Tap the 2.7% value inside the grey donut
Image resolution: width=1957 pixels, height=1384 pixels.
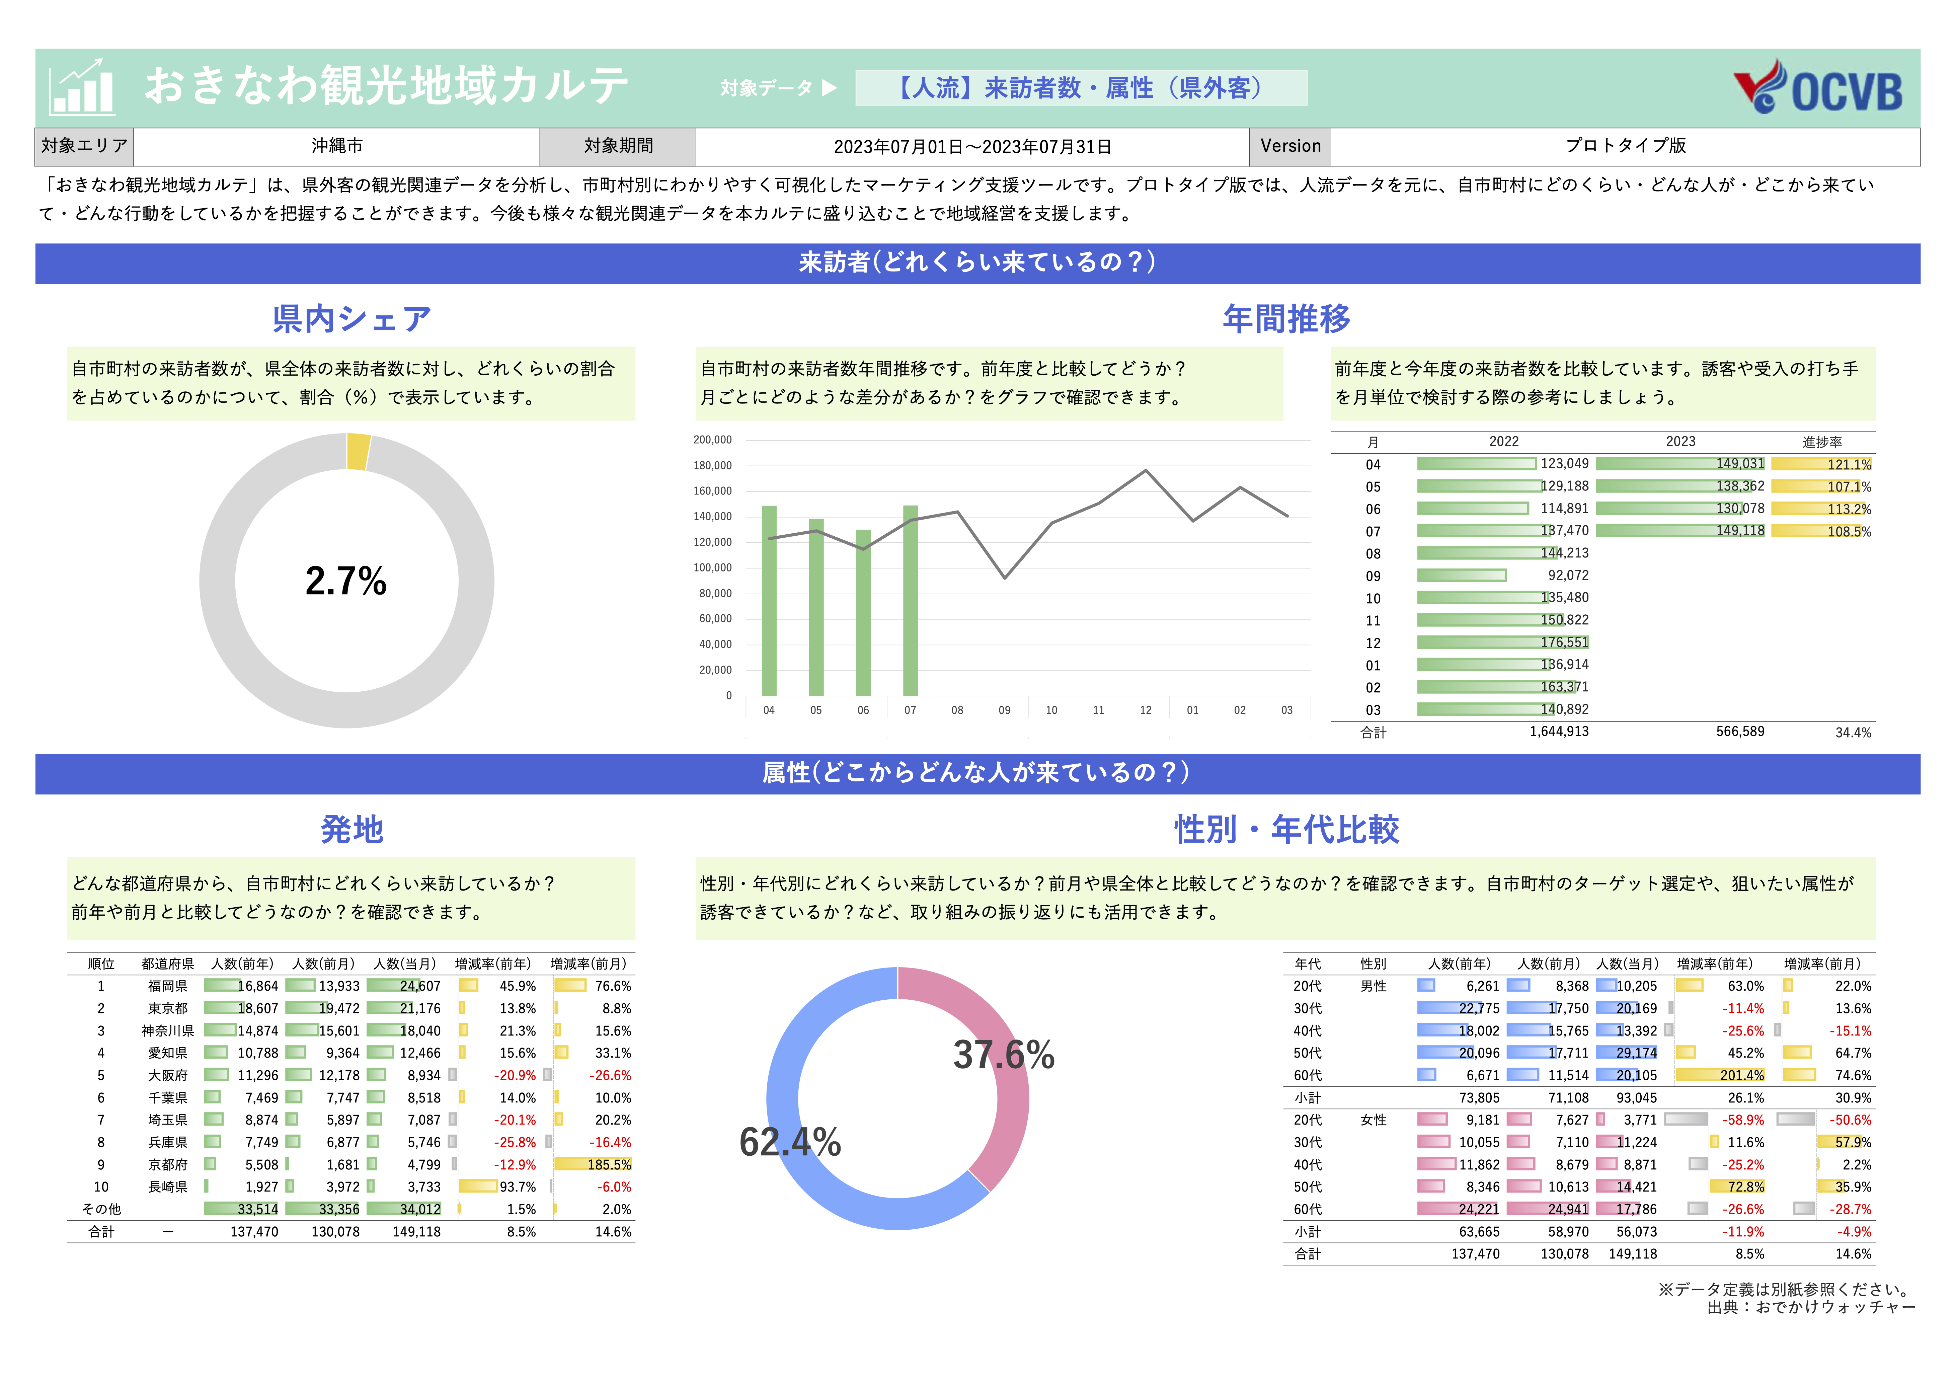click(x=346, y=581)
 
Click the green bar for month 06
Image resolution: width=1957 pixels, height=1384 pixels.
click(x=863, y=612)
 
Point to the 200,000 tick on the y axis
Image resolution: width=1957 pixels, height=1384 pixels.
click(x=713, y=440)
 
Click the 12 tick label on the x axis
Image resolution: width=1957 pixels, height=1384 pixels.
click(x=1146, y=710)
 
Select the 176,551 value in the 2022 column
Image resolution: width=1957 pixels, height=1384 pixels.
click(x=1564, y=642)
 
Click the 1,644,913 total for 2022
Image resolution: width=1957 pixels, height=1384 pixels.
click(x=1559, y=731)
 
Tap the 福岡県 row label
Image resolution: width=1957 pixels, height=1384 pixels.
click(x=168, y=986)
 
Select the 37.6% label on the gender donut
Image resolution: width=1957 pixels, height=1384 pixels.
click(x=1003, y=1055)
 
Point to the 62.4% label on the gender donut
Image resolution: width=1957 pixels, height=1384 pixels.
click(x=790, y=1142)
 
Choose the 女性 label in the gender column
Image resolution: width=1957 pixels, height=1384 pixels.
click(x=1373, y=1120)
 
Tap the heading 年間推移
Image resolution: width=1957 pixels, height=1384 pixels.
click(x=1286, y=319)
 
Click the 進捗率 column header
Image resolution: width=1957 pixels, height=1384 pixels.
click(x=1821, y=442)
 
